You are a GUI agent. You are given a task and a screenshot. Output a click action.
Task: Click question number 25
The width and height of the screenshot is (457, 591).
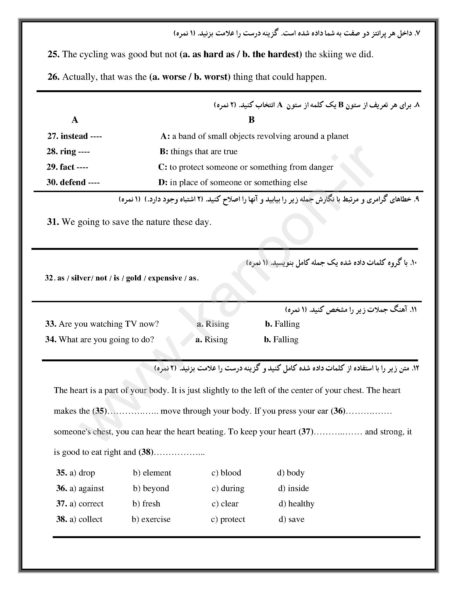(x=53, y=54)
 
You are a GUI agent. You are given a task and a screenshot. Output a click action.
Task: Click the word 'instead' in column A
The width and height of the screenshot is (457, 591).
(x=74, y=136)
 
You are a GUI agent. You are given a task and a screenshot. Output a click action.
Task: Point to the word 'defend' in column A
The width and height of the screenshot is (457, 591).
(x=73, y=182)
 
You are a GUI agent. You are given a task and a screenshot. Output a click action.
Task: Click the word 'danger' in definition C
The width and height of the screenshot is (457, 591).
(x=321, y=167)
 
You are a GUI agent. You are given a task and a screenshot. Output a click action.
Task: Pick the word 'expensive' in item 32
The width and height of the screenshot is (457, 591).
(x=165, y=278)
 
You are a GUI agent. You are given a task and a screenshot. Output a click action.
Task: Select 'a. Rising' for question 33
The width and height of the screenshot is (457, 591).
(x=213, y=324)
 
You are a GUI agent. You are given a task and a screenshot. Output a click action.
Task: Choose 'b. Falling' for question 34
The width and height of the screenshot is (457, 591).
(x=281, y=340)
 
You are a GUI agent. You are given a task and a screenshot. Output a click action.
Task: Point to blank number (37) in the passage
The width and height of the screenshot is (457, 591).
(x=306, y=432)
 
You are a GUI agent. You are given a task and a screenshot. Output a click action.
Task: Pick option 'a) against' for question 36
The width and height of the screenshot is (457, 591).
(x=87, y=488)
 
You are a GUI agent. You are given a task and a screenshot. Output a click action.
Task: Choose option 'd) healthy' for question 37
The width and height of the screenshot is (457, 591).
(x=297, y=504)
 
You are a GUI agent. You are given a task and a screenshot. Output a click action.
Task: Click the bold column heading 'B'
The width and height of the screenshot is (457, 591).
(x=251, y=120)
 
